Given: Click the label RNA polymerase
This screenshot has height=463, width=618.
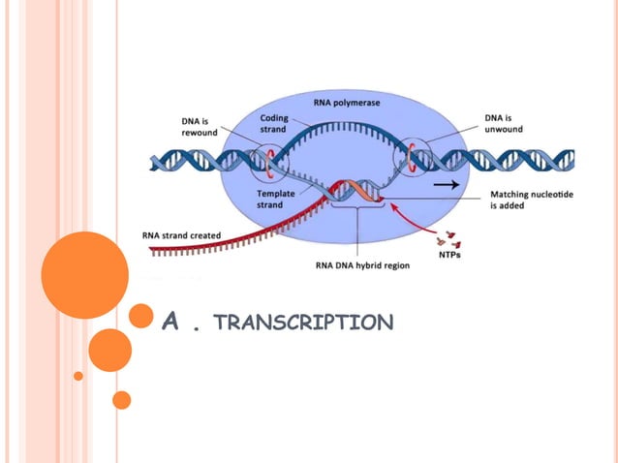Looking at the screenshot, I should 347,102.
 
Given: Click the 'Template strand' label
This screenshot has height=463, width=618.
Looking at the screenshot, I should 276,199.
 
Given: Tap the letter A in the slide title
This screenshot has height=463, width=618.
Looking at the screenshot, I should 171,323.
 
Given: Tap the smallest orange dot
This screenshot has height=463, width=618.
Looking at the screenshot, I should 78,375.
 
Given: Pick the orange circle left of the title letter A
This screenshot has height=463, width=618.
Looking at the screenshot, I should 141,316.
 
